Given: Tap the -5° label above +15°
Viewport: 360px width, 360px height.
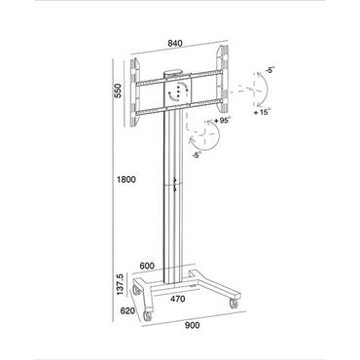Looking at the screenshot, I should coord(266,70).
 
